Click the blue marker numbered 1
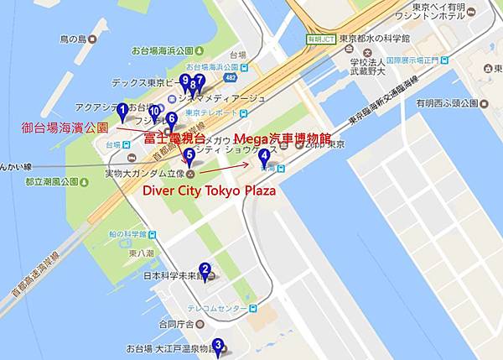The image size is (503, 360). [x=122, y=110]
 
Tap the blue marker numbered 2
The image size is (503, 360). [x=205, y=271]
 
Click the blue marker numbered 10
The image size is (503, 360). [x=154, y=112]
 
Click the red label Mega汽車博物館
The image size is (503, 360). [x=283, y=138]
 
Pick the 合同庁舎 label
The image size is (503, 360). [x=177, y=324]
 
